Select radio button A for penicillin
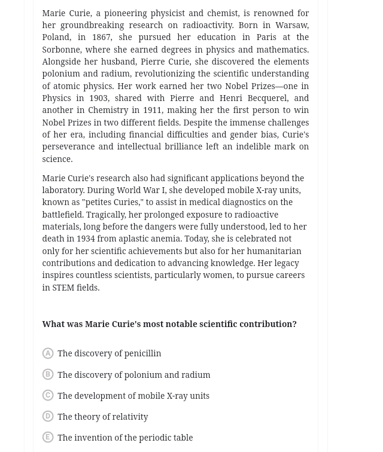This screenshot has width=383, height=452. (48, 353)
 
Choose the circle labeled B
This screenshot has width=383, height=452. (48, 374)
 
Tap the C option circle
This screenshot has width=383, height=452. (48, 395)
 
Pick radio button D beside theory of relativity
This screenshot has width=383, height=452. (48, 416)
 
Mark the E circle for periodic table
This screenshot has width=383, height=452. (48, 437)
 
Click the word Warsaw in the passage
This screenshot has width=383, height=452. (291, 25)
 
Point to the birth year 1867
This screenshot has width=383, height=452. (101, 37)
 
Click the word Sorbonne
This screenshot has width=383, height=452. (61, 50)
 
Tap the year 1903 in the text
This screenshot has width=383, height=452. (98, 98)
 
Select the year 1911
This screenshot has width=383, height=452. (152, 110)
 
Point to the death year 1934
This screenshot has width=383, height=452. (86, 239)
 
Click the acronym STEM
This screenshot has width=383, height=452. (63, 288)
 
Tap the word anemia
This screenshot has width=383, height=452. (165, 239)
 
